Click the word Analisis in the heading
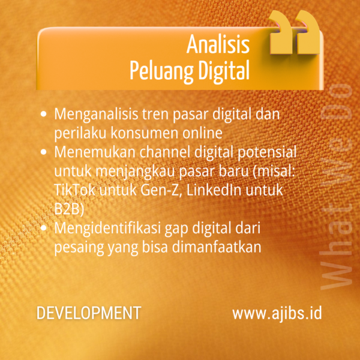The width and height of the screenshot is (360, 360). (x=218, y=45)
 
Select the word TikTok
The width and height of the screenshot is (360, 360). (x=75, y=190)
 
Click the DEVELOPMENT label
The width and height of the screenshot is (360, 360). (x=89, y=314)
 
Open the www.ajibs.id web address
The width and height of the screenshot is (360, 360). (x=277, y=314)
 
